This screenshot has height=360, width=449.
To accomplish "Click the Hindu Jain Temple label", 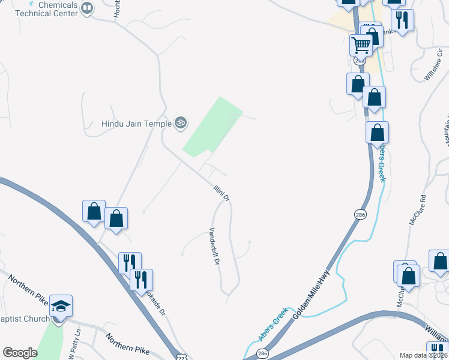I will [136, 124].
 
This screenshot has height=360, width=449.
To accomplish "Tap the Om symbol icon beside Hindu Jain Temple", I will [180, 124].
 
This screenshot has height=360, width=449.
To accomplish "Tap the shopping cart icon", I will [361, 44].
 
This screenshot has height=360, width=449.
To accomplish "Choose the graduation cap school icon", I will [61, 306].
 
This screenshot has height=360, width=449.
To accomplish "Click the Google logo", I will [20, 353].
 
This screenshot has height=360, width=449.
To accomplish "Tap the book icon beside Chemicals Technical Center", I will [87, 8].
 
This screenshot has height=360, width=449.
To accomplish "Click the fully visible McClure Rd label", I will [417, 210].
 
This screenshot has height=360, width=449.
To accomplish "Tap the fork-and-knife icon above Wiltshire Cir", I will [402, 19].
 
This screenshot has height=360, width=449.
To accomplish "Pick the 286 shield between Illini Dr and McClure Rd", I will [360, 215].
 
